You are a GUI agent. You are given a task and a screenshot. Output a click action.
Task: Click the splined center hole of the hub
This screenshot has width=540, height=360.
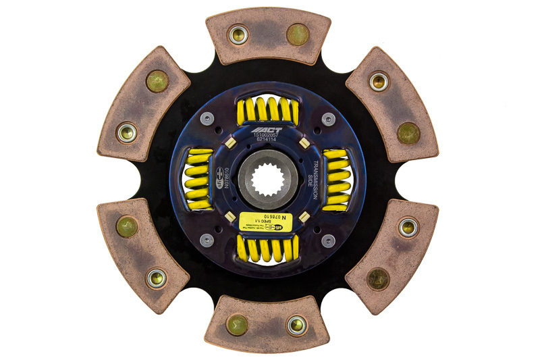269,180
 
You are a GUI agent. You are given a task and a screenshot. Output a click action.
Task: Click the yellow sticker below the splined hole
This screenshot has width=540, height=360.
268,222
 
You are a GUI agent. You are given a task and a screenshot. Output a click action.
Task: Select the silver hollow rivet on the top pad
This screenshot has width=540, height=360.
238,33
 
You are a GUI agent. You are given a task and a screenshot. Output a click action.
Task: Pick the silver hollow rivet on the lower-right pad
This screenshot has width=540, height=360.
408,226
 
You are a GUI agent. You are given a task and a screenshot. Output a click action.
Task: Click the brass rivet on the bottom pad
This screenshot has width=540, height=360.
238,324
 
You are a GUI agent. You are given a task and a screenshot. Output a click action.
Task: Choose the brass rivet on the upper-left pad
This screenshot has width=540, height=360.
157,81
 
